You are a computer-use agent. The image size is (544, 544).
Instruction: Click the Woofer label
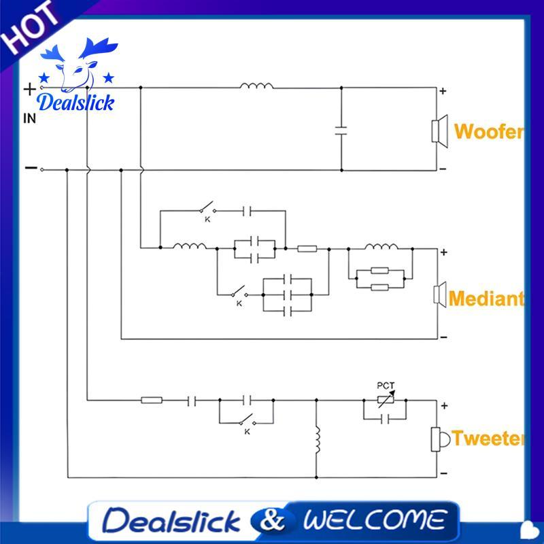[488, 132]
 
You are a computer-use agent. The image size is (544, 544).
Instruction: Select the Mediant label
[486, 299]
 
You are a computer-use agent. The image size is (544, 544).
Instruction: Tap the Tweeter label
[488, 438]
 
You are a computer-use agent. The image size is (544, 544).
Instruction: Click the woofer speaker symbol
[439, 131]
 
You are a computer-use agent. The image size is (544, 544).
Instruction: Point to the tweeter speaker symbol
[440, 439]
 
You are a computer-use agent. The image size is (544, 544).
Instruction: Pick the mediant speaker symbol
[440, 294]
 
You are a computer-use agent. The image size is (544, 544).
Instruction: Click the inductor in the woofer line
[256, 86]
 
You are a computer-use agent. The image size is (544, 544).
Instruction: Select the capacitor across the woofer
[341, 131]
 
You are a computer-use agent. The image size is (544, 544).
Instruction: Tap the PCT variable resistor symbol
[386, 399]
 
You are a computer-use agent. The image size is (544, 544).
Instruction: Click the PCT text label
[386, 386]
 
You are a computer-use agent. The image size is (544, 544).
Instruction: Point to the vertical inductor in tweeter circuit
[317, 440]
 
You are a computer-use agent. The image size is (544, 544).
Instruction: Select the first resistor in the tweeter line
[152, 401]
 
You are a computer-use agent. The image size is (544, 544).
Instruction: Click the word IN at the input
[29, 118]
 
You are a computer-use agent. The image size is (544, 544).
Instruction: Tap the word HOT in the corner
[29, 28]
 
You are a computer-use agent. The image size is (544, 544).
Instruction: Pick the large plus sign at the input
[30, 89]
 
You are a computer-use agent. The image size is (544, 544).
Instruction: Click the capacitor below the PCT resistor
[385, 419]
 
